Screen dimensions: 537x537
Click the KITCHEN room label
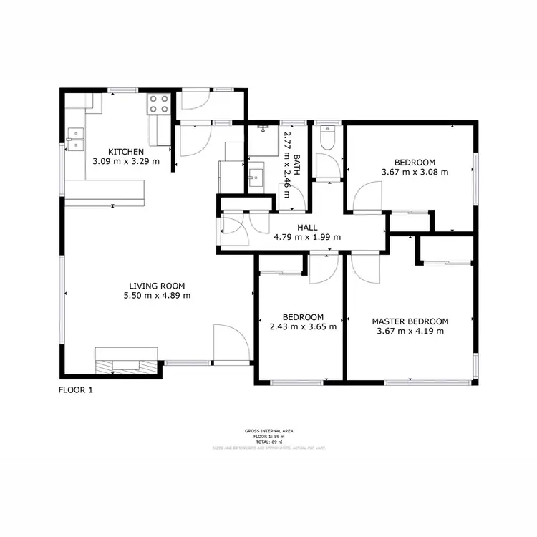click(126, 152)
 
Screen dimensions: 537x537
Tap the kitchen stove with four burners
click(158, 105)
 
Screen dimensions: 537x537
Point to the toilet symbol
click(328, 137)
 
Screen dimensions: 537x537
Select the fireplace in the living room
click(127, 359)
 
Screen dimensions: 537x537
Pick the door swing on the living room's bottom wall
click(230, 344)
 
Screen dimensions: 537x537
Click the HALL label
click(307, 228)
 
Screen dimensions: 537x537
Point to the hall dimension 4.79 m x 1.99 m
click(307, 237)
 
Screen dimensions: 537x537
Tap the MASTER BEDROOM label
click(410, 321)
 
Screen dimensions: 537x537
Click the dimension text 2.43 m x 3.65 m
click(302, 326)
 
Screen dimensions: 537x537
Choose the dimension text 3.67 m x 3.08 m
click(415, 172)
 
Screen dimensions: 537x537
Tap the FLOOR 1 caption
click(75, 390)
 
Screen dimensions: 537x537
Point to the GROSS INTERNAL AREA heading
click(268, 431)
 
